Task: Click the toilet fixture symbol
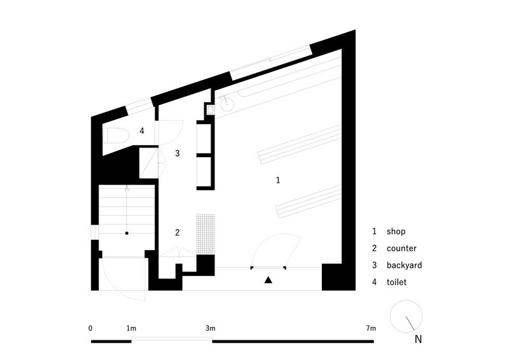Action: tap(116, 135)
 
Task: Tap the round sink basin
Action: tap(227, 104)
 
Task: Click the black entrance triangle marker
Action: tap(268, 280)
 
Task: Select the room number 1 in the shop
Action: tap(278, 180)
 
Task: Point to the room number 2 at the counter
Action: tap(178, 232)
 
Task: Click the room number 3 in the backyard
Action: tap(178, 153)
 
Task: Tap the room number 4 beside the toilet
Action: tap(142, 131)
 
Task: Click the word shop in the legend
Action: tap(396, 232)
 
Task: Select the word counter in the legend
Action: tap(401, 249)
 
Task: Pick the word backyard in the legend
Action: tap(404, 265)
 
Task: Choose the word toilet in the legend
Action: tap(396, 282)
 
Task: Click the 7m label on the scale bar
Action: tap(371, 328)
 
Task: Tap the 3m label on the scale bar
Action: tap(211, 328)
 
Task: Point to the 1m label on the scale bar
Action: tap(131, 328)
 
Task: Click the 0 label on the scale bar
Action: tap(90, 328)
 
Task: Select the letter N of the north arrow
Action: tap(418, 339)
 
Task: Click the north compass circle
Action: tap(406, 301)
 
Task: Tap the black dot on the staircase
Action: tap(127, 233)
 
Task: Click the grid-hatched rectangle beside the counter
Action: tap(206, 234)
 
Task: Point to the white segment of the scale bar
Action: tap(172, 340)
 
